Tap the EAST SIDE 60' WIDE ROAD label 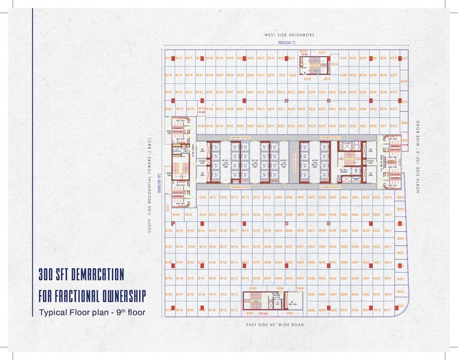274,324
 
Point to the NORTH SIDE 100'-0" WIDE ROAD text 417,157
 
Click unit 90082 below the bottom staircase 251,313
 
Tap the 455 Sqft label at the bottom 265,313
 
